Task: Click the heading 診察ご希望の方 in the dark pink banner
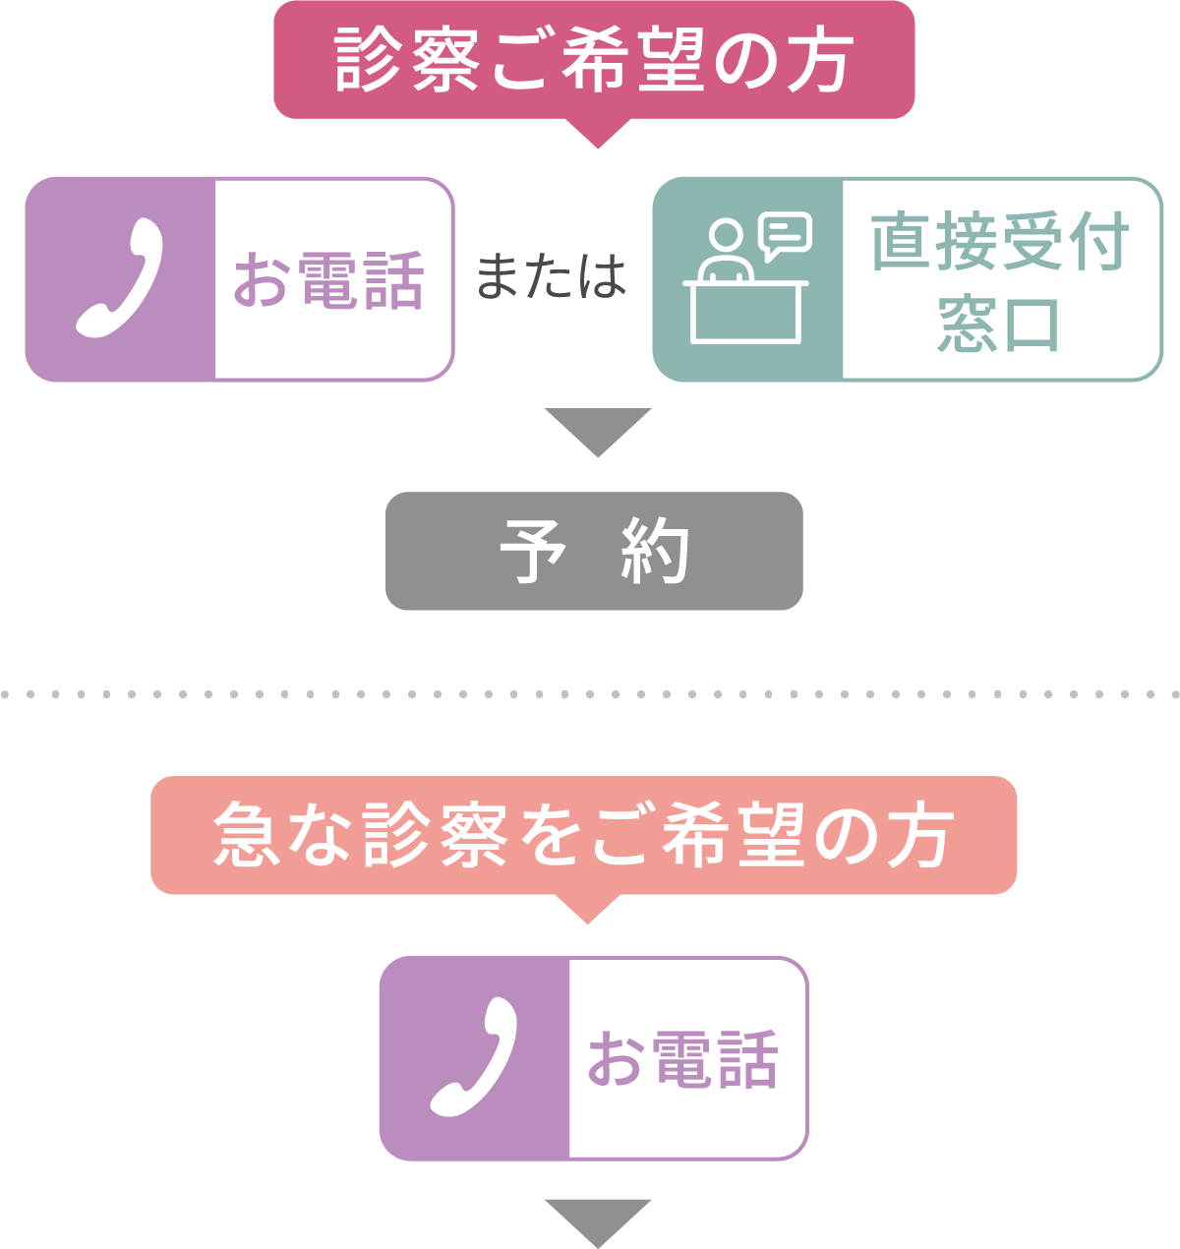click(x=594, y=61)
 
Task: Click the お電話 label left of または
click(x=328, y=280)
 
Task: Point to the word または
click(x=551, y=276)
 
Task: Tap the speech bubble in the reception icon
click(x=786, y=234)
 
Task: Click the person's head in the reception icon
click(x=726, y=237)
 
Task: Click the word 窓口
click(x=999, y=324)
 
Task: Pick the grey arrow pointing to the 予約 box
click(x=597, y=431)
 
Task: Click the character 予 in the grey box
click(x=532, y=551)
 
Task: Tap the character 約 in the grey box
click(x=655, y=551)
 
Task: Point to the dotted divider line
click(x=590, y=694)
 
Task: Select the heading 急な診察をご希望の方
click(x=583, y=835)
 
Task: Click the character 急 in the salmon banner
click(x=246, y=835)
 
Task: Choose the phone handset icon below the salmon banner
click(x=474, y=1058)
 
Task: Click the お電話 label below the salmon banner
click(x=682, y=1059)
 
